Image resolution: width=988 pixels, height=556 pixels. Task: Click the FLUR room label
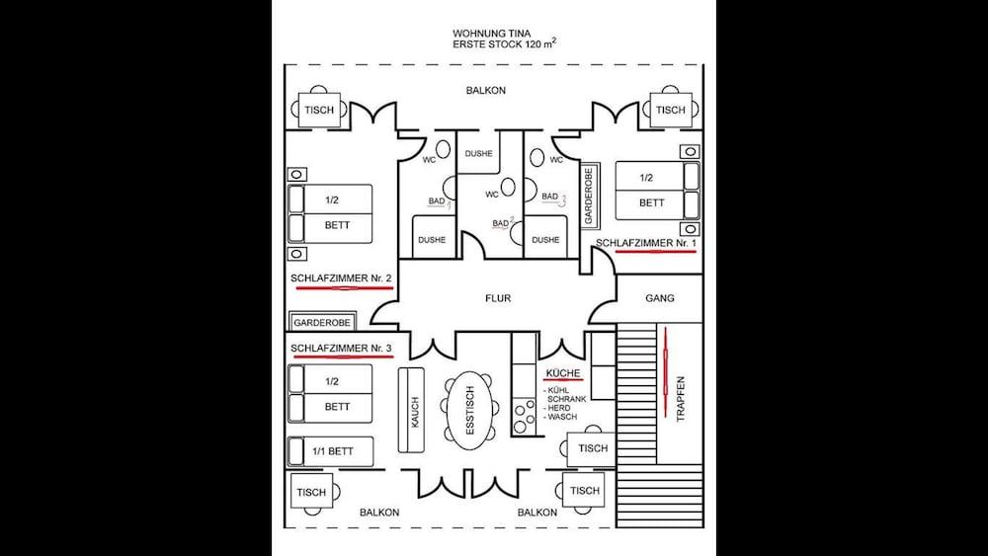point(498,298)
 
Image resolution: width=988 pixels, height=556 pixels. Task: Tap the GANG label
point(660,298)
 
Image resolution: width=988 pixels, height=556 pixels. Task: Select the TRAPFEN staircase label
point(681,399)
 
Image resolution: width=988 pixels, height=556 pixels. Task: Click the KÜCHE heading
point(563,373)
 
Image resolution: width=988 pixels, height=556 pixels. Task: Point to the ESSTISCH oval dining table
point(469,411)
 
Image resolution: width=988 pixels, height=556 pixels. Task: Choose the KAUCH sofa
point(411,410)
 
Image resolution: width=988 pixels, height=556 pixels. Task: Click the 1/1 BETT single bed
point(331,451)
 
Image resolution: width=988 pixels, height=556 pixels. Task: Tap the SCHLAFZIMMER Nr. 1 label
point(646,243)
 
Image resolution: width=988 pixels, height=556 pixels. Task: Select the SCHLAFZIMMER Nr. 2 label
point(341,278)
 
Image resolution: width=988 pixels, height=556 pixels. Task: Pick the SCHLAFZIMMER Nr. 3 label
point(341,349)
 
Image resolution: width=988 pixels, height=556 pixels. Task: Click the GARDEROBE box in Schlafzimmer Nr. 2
point(322,322)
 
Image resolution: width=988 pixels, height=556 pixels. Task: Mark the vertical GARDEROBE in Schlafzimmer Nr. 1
point(589,196)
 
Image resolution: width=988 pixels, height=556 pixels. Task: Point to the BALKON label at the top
point(486,91)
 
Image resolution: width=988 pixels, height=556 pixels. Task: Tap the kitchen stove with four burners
point(524,417)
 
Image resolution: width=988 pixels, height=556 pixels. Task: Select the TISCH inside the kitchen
point(593,449)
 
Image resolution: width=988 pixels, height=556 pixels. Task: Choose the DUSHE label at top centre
point(478,154)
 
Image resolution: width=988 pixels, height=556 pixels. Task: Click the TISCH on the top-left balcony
point(319,111)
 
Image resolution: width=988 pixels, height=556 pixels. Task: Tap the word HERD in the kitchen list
point(559,408)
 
